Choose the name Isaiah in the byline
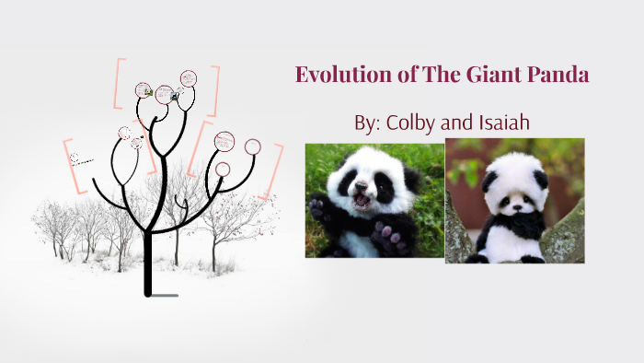pos(504,123)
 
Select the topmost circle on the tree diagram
pos(189,78)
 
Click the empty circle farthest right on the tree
pos(253,146)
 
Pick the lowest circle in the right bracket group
pos(223,169)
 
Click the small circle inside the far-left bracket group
pos(75,158)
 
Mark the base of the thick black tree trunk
pos(147,292)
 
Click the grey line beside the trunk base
pos(165,296)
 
